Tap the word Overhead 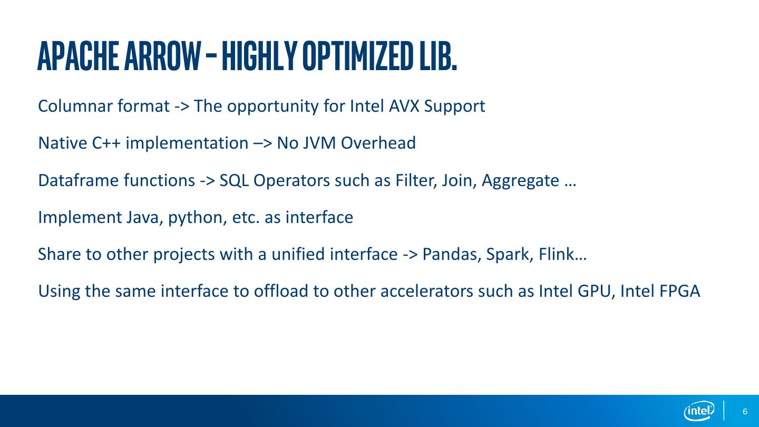(378, 143)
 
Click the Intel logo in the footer (699, 411)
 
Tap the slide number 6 (745, 412)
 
